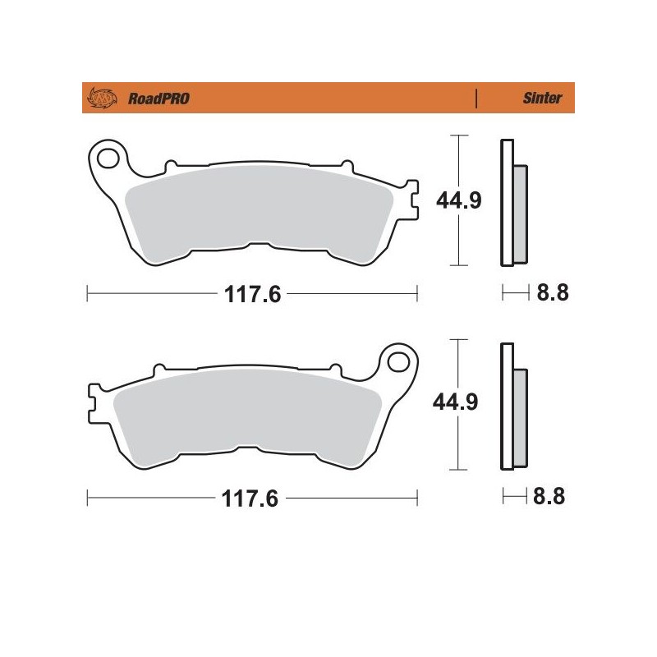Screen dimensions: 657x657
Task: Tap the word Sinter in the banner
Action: pyautogui.click(x=542, y=99)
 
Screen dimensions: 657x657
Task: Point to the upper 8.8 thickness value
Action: pyautogui.click(x=552, y=293)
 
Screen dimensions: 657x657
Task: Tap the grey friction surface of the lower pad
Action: pyautogui.click(x=246, y=415)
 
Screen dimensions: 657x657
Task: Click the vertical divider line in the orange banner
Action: pyautogui.click(x=477, y=99)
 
